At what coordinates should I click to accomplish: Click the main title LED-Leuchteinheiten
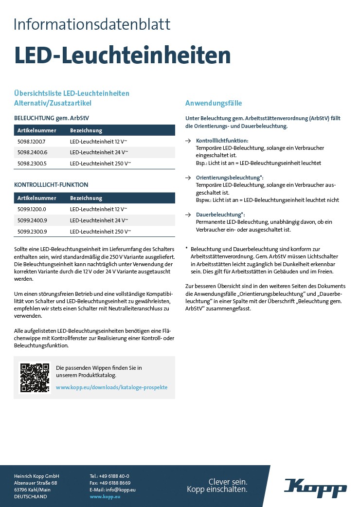122,56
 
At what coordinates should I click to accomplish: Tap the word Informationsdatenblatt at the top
92,24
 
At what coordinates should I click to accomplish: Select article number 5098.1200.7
31,141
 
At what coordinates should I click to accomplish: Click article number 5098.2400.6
32,152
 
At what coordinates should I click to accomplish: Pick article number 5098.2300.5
32,163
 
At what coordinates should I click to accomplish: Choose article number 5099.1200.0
32,209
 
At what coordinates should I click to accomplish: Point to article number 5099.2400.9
32,220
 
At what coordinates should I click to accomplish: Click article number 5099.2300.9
32,231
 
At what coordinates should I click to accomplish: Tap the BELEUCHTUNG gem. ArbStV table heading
52,118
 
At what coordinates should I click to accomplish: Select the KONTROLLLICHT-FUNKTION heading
51,185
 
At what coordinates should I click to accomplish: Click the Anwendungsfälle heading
214,103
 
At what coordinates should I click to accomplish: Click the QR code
35,378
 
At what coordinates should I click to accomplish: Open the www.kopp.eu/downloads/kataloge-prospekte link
111,387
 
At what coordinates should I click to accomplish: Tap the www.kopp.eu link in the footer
105,496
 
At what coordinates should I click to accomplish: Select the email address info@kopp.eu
120,489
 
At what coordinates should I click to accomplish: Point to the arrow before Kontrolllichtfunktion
188,141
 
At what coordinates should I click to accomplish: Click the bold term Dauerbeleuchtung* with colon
220,215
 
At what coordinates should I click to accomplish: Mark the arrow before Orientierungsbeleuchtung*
188,178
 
